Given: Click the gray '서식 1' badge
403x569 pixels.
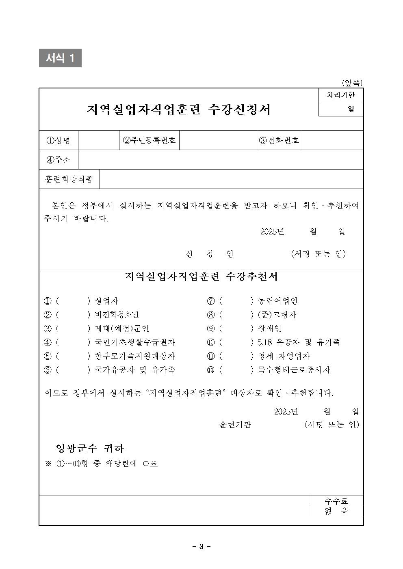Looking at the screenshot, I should click(60, 58).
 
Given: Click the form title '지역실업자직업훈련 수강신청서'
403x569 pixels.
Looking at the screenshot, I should click(178, 109).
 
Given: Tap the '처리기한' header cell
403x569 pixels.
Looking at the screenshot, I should click(340, 95).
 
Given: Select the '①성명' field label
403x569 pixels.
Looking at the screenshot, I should click(58, 140).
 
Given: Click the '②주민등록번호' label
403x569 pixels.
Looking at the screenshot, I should click(149, 140).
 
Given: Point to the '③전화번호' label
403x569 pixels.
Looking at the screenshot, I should click(279, 140).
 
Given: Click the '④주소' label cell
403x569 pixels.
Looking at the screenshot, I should click(58, 160).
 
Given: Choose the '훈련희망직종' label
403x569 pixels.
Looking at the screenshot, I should click(69, 179).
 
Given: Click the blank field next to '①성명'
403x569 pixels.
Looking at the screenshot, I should click(98, 140).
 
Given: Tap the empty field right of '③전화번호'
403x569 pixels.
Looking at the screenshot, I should click(332, 140).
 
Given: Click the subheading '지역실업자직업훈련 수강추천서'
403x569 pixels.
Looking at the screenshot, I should click(201, 277).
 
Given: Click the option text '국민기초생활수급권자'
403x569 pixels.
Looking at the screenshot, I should click(135, 342).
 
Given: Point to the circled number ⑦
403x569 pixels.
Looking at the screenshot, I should click(210, 301).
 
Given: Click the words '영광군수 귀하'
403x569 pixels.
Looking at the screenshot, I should click(90, 448).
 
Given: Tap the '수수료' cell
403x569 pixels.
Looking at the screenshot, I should click(336, 501).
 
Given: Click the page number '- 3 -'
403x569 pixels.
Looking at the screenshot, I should click(201, 546).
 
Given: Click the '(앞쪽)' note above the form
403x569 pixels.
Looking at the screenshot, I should click(352, 83).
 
